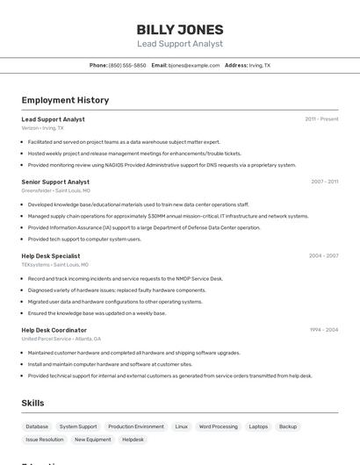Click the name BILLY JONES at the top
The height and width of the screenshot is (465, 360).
click(180, 29)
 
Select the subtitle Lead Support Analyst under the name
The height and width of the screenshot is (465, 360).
click(180, 44)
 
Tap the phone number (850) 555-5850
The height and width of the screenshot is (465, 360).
click(127, 65)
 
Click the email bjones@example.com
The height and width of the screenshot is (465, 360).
click(194, 65)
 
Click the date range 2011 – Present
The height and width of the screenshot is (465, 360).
click(321, 118)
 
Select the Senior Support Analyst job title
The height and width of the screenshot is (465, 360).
click(55, 182)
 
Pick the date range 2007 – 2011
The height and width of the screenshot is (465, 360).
click(324, 182)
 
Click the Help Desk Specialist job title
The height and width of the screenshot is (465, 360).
click(51, 255)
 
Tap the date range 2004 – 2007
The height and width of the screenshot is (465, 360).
click(323, 255)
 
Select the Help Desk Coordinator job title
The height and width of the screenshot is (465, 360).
click(54, 330)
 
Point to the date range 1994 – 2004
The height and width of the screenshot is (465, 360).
click(323, 330)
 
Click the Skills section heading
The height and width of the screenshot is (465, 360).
click(32, 403)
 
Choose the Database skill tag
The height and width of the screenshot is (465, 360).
click(37, 426)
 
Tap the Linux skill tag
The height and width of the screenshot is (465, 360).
click(182, 426)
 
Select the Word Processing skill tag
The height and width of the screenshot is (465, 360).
click(219, 426)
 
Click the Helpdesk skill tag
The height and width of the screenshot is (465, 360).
click(133, 440)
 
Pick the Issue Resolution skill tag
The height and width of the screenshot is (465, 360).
click(45, 440)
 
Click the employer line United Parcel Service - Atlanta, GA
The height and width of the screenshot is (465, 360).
click(61, 339)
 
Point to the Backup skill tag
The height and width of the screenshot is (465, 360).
click(288, 426)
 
